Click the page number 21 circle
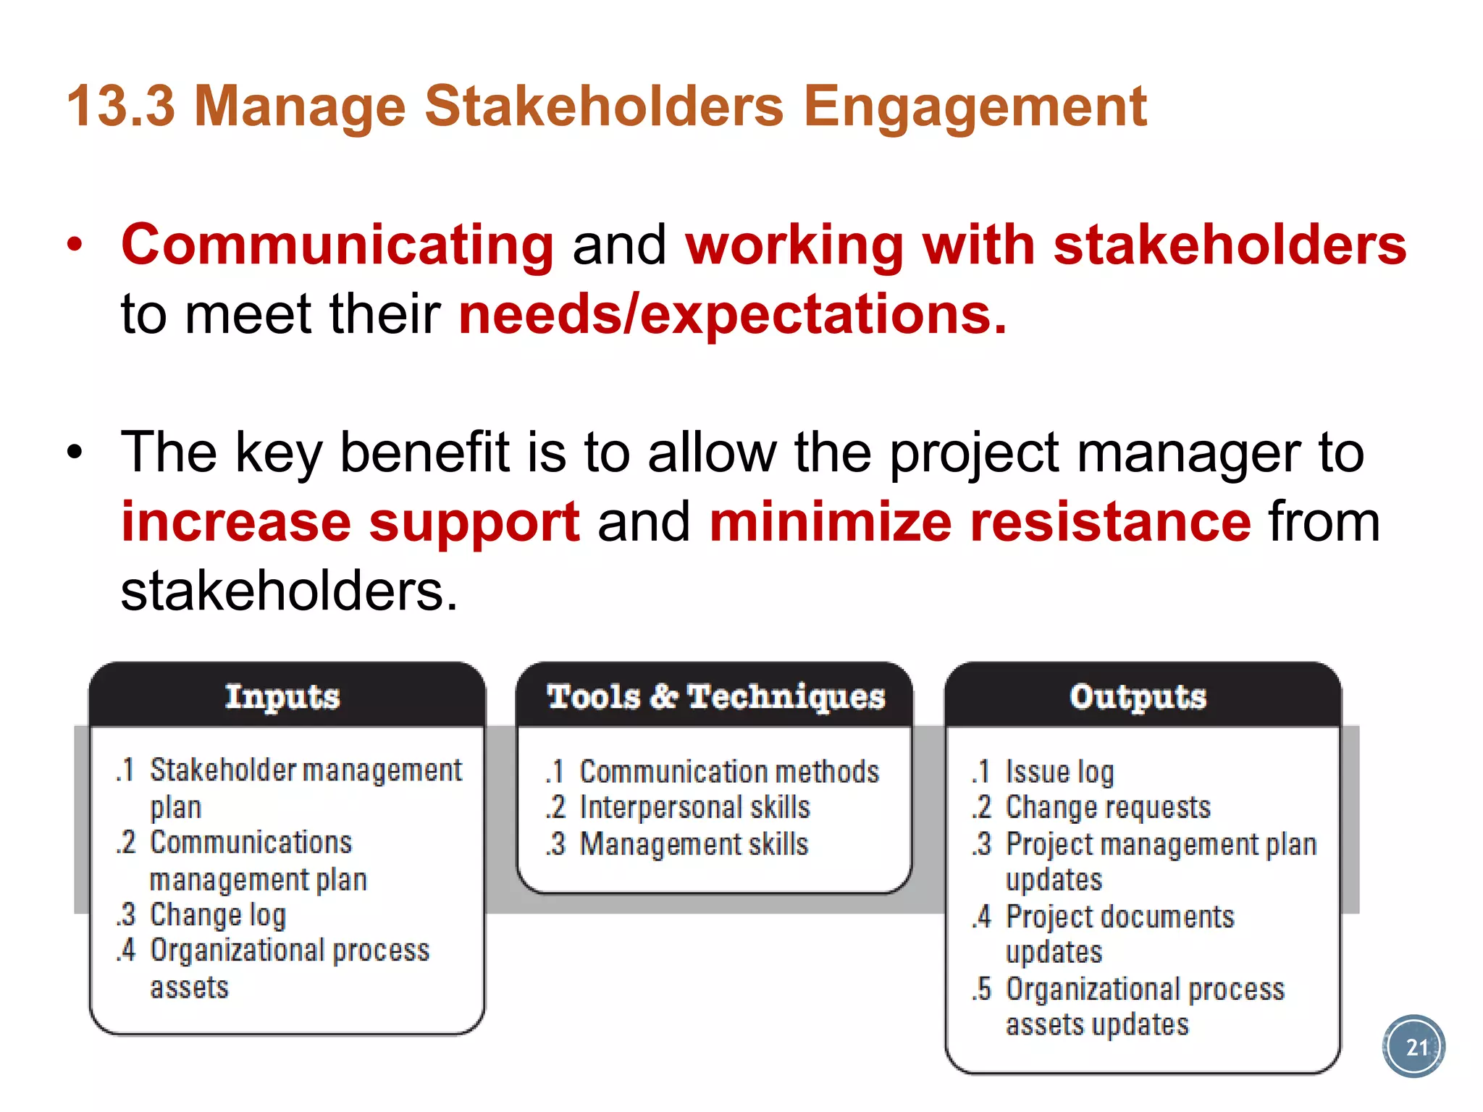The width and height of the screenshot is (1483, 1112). [x=1413, y=1046]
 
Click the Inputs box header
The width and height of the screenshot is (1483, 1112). [x=282, y=696]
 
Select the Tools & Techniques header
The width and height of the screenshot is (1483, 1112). [x=715, y=696]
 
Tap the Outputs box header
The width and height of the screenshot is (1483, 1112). [x=1138, y=696]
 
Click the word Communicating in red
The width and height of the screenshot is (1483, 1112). [x=337, y=245]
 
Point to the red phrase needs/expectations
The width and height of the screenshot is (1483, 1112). [x=732, y=314]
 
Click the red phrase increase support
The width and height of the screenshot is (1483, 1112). [x=350, y=522]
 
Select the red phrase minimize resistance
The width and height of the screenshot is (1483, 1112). [x=980, y=522]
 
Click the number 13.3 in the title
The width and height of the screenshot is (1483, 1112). [x=121, y=106]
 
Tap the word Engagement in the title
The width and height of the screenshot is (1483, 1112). [x=975, y=106]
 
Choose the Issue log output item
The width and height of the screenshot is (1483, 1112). [x=1059, y=772]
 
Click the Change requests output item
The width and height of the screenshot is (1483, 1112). [x=1108, y=807]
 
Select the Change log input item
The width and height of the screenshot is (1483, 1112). [x=217, y=915]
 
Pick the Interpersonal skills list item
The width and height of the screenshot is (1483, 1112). [x=694, y=807]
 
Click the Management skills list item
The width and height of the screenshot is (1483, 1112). [x=694, y=844]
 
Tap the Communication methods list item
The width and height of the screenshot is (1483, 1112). [x=729, y=772]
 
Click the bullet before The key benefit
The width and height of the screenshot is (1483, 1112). [x=75, y=453]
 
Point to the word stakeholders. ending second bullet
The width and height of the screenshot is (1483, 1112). [x=289, y=591]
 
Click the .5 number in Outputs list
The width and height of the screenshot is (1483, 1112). [x=982, y=989]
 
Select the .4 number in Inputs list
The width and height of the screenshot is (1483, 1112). [x=127, y=950]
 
